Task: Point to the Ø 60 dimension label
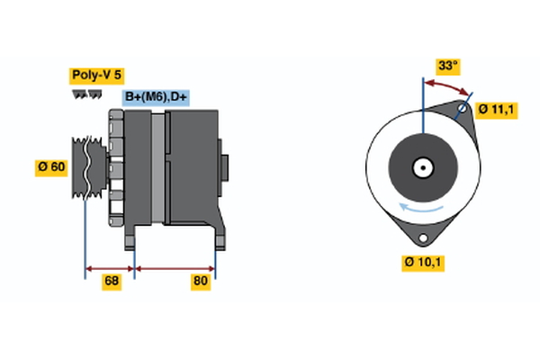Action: [x=52, y=166]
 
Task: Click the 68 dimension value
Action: [x=112, y=282]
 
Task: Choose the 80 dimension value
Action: [x=201, y=282]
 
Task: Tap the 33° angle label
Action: [x=447, y=66]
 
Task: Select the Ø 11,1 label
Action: [x=496, y=110]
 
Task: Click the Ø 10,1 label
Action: [x=424, y=263]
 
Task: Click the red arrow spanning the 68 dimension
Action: [x=110, y=267]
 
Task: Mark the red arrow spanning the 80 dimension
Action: [x=175, y=267]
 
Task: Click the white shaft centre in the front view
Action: [x=421, y=167]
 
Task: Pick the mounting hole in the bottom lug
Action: [x=421, y=238]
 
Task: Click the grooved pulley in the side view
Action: [x=86, y=166]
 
